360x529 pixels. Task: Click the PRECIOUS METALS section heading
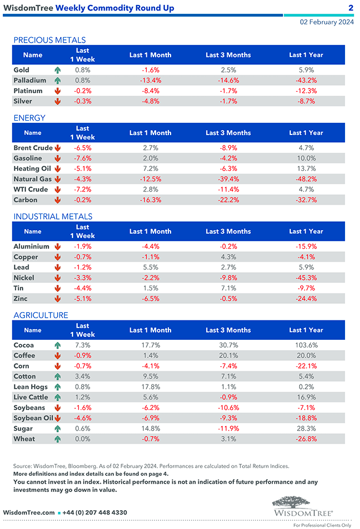pos(49,40)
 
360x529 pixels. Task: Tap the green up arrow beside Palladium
pos(57,81)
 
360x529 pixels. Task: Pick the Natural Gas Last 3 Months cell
pos(228,179)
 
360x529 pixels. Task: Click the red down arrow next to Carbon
pos(57,200)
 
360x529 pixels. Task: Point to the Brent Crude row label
pos(33,148)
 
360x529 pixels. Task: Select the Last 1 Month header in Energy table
pos(150,133)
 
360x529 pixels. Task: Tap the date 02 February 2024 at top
pos(327,22)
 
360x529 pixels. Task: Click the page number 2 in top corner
pos(351,8)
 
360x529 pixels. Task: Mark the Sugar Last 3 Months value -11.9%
pos(228,429)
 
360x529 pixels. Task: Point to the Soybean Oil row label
pos(33,418)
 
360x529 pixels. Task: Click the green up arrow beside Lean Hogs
pos(57,387)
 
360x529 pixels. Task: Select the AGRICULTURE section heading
pos(41,315)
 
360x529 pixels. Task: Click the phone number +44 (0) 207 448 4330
pos(95,512)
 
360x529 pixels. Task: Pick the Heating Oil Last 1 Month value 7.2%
pos(150,169)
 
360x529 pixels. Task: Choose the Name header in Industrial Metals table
pos(33,231)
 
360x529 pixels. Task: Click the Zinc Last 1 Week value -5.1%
pos(83,299)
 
